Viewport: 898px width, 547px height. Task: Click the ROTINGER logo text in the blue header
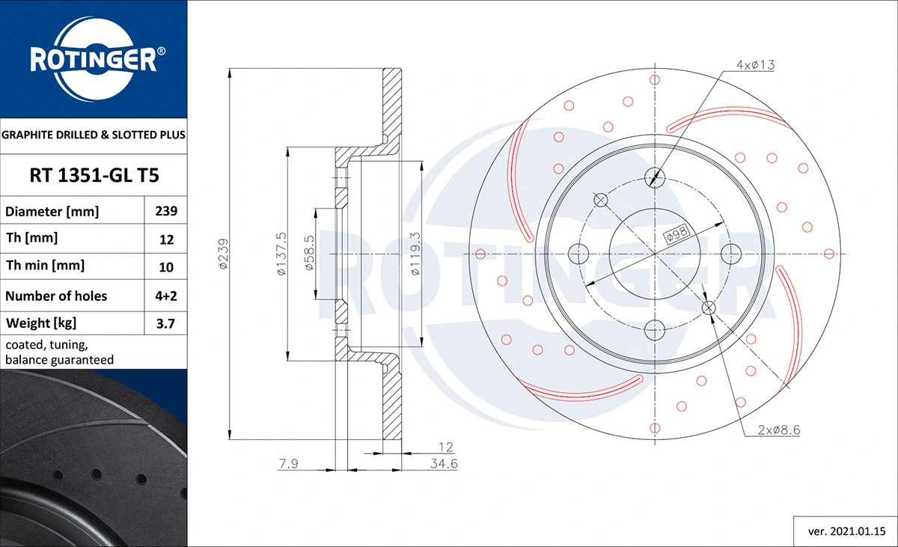93,60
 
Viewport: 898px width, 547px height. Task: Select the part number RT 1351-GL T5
93,176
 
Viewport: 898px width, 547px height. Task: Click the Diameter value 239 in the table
165,212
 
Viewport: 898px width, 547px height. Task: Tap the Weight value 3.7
165,323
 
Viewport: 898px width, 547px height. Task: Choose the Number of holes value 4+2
165,296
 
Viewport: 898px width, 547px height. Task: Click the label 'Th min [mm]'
45,266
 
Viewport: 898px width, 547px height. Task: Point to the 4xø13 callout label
755,65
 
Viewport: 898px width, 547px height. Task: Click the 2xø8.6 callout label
779,430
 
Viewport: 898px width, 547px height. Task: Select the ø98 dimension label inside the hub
676,234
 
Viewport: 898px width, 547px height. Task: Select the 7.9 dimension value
289,465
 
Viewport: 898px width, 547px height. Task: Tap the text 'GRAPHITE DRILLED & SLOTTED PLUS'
93,135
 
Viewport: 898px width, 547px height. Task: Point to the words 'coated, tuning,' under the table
46,346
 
